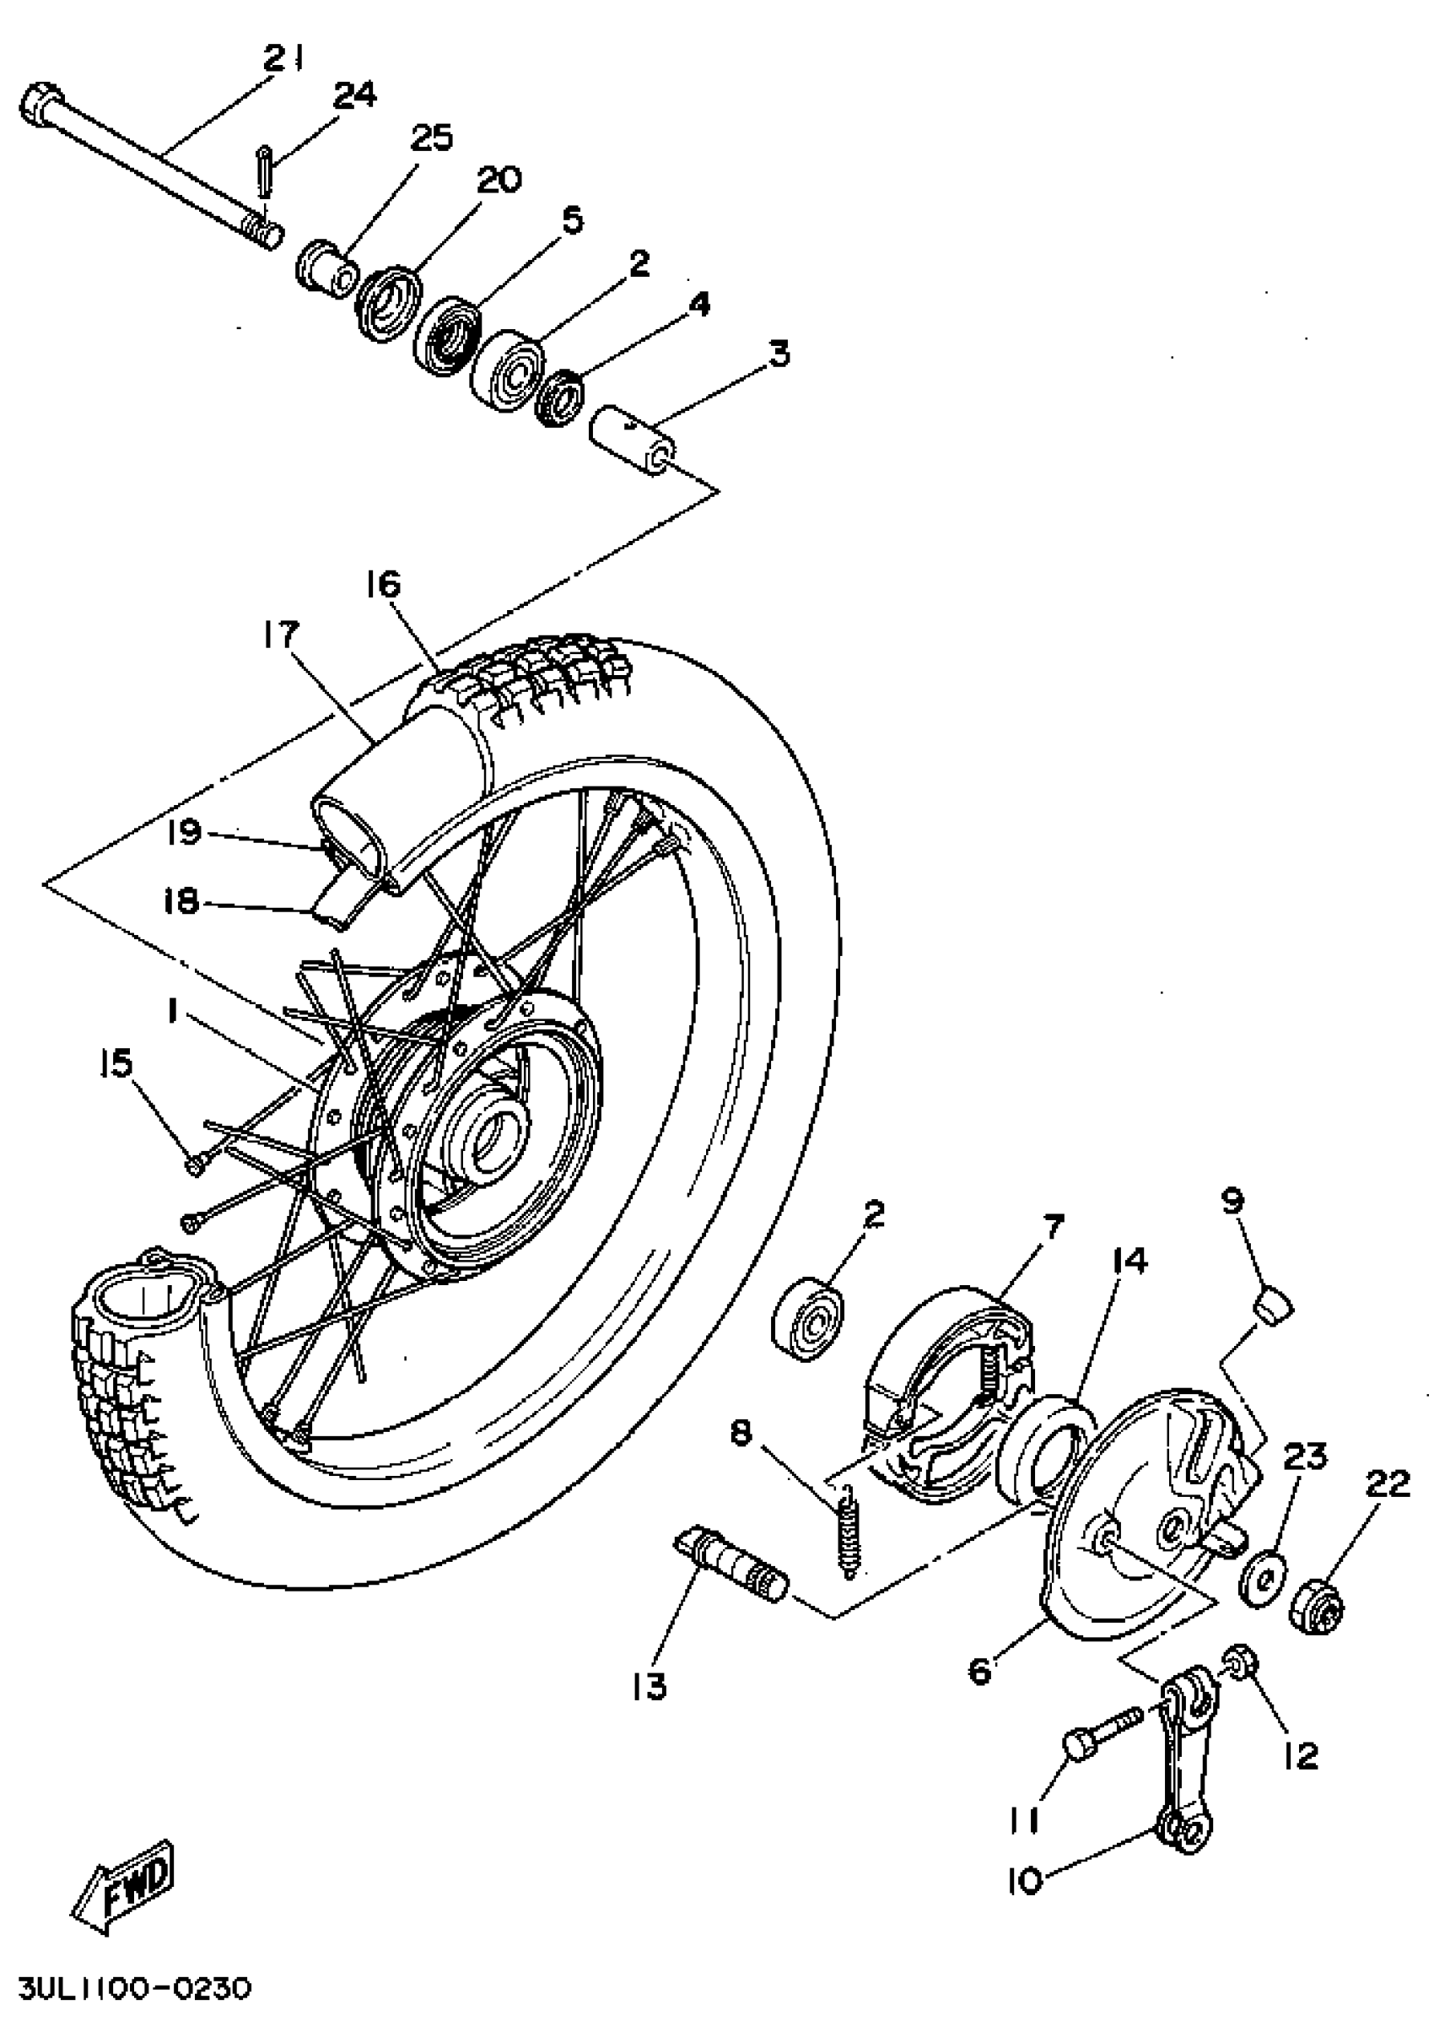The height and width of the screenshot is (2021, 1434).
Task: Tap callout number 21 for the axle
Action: tap(284, 60)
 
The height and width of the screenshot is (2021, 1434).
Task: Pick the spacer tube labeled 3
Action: tap(633, 438)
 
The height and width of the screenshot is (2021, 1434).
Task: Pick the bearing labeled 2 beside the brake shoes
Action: tap(807, 1321)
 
